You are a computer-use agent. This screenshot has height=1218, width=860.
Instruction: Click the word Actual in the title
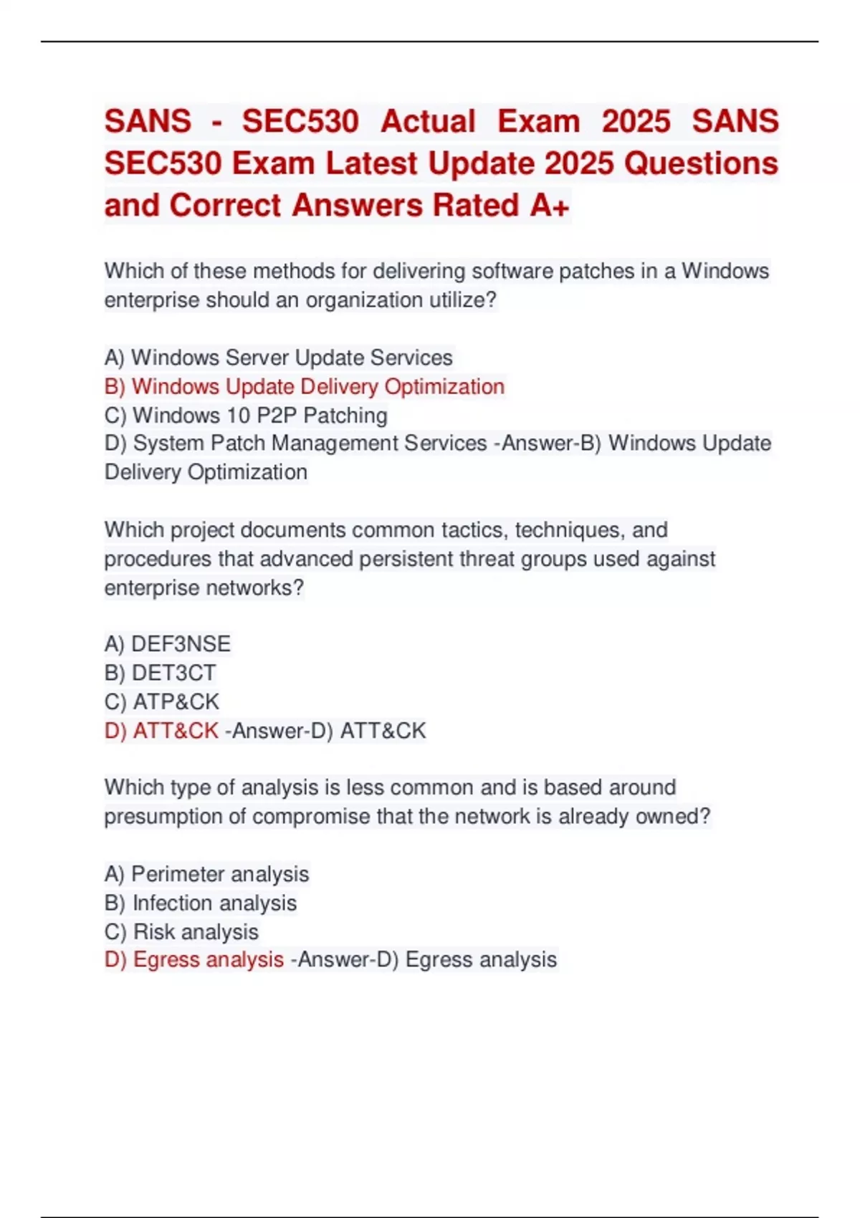[x=428, y=121]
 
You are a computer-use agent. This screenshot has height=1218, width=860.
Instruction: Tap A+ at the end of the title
[x=550, y=206]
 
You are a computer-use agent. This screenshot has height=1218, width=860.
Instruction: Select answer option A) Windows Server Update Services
[x=278, y=358]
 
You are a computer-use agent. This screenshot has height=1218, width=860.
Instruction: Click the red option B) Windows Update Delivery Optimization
[x=305, y=387]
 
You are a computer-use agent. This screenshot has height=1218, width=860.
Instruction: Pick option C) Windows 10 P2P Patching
[x=246, y=416]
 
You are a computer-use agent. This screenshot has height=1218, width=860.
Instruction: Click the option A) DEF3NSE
[x=168, y=644]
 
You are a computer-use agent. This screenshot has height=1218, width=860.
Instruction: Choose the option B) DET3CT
[x=160, y=673]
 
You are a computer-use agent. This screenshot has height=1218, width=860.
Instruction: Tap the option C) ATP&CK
[x=162, y=701]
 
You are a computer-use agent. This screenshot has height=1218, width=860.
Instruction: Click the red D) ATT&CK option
[x=161, y=731]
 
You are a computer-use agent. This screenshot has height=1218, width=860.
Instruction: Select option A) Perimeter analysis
[x=206, y=874]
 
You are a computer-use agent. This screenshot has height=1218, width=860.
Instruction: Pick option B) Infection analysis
[x=200, y=903]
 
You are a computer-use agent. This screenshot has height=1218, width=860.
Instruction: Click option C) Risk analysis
[x=181, y=931]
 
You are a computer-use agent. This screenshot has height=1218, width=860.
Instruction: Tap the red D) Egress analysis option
[x=194, y=960]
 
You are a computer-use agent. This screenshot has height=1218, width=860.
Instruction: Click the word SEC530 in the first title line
[x=300, y=121]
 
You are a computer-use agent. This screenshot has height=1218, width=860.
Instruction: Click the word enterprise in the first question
[x=152, y=300]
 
